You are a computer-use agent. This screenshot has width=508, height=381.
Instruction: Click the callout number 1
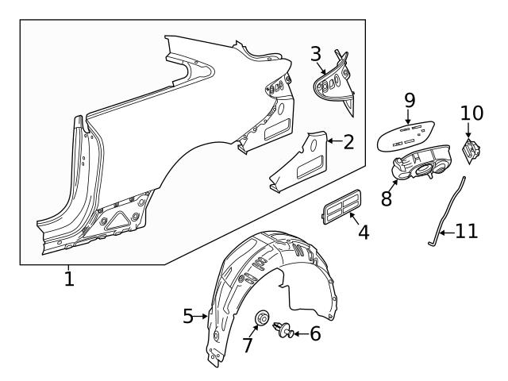click(69, 279)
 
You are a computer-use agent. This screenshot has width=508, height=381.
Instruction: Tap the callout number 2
click(348, 142)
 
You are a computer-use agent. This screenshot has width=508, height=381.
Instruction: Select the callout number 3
click(316, 55)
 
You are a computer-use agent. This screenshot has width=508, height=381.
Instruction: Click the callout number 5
click(188, 316)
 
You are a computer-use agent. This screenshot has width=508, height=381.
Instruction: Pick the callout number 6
click(314, 333)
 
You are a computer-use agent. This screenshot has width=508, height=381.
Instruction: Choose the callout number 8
click(387, 198)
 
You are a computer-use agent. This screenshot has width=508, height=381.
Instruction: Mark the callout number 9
click(410, 100)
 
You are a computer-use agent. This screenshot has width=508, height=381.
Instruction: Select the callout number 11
click(467, 233)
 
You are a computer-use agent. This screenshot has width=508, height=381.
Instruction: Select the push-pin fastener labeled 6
click(283, 329)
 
